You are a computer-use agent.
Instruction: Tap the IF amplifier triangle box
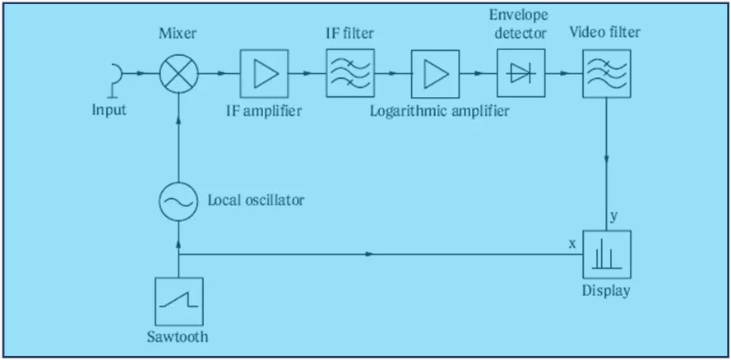(263, 74)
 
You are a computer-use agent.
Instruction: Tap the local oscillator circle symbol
(178, 201)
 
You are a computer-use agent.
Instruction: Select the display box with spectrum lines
(607, 255)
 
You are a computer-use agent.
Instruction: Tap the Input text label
(109, 109)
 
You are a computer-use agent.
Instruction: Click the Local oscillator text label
(255, 201)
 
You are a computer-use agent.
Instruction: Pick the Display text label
(607, 291)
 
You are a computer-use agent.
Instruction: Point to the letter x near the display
(571, 244)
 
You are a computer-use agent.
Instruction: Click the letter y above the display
(613, 216)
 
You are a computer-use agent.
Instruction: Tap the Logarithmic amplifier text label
(439, 110)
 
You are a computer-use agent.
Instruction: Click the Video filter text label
(605, 33)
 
